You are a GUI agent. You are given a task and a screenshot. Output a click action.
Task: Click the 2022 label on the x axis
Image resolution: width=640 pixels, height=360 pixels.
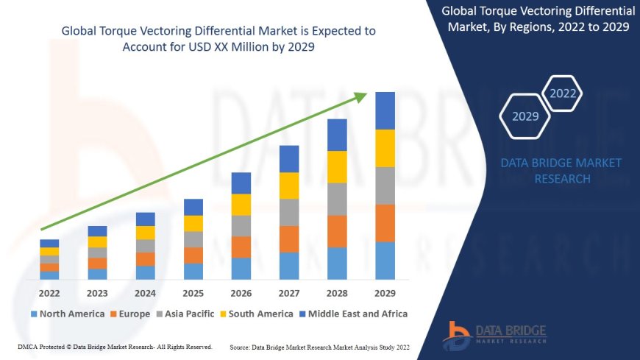[49, 292]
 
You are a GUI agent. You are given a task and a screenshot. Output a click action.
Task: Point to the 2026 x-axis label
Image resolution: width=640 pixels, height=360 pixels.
[241, 292]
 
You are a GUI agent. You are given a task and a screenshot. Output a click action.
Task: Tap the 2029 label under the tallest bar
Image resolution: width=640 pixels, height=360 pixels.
[385, 292]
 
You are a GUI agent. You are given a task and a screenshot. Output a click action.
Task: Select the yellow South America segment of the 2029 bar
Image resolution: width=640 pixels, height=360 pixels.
[385, 148]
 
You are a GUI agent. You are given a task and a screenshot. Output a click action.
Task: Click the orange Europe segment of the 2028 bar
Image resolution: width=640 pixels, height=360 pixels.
[337, 231]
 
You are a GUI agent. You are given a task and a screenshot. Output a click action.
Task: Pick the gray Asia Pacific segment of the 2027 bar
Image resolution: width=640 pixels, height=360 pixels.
[289, 212]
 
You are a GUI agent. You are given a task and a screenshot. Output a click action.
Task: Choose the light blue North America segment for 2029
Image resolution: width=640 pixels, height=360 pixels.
[385, 261]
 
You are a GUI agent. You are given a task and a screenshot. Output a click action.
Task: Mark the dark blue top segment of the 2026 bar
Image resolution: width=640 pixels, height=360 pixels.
[241, 183]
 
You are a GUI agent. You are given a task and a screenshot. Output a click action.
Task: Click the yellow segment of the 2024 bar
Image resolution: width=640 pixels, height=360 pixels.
[146, 233]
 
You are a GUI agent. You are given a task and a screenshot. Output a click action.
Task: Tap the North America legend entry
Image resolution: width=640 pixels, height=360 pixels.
[67, 314]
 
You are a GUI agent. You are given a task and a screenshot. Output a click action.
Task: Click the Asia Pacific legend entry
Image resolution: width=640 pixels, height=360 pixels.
[186, 314]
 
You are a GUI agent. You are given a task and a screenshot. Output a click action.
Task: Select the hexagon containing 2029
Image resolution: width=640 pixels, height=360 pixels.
[525, 116]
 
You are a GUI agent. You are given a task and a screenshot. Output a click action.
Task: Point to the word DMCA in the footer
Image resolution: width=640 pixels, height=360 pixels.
[27, 347]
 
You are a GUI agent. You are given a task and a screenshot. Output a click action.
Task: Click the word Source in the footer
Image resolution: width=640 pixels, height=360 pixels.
[242, 347]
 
